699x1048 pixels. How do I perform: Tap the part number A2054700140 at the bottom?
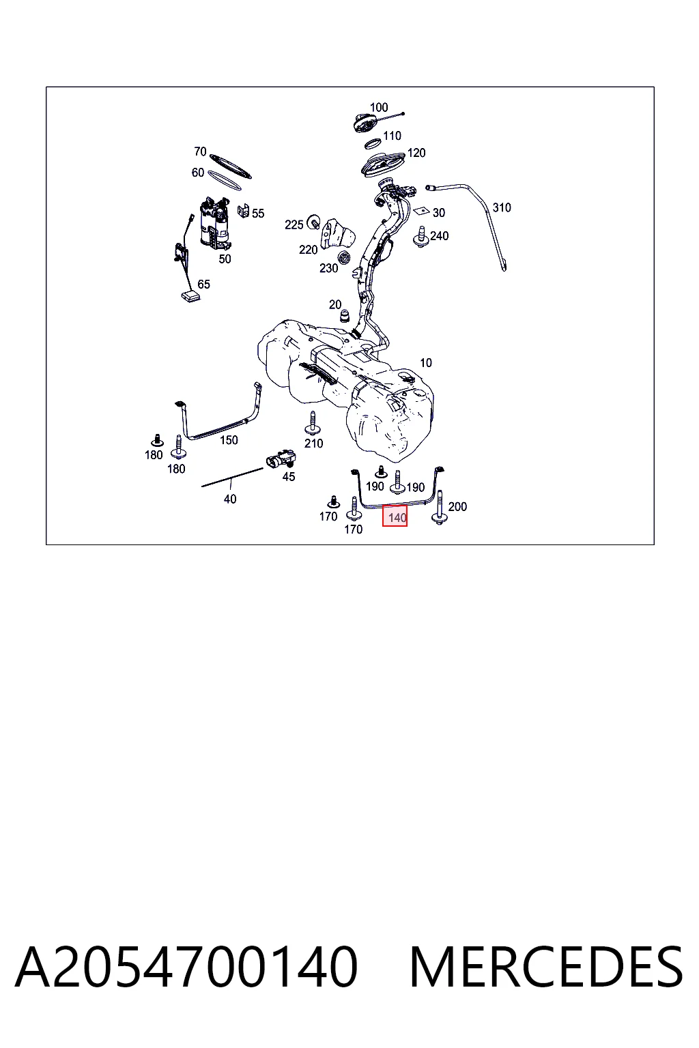tap(186, 967)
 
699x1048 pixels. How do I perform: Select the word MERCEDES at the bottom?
tap(546, 967)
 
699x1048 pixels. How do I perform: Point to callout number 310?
tap(502, 207)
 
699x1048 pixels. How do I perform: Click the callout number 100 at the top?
tap(379, 107)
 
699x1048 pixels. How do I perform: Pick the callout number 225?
tap(294, 225)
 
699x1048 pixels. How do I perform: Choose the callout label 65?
tap(203, 284)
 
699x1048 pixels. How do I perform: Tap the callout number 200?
tap(457, 506)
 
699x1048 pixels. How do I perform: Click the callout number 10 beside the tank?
tap(425, 362)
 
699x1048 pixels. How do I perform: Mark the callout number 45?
tap(289, 476)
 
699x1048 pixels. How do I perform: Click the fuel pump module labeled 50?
tap(215, 223)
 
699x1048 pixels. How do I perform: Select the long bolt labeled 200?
tap(439, 507)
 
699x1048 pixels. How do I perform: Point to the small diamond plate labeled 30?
tap(423, 210)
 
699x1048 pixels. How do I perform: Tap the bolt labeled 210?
tap(312, 423)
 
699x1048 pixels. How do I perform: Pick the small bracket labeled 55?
tap(243, 211)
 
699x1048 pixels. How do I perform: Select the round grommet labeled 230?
tap(345, 258)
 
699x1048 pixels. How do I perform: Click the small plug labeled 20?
tap(345, 317)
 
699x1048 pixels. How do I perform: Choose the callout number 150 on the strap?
tap(229, 440)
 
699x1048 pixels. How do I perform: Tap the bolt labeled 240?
tap(420, 237)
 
